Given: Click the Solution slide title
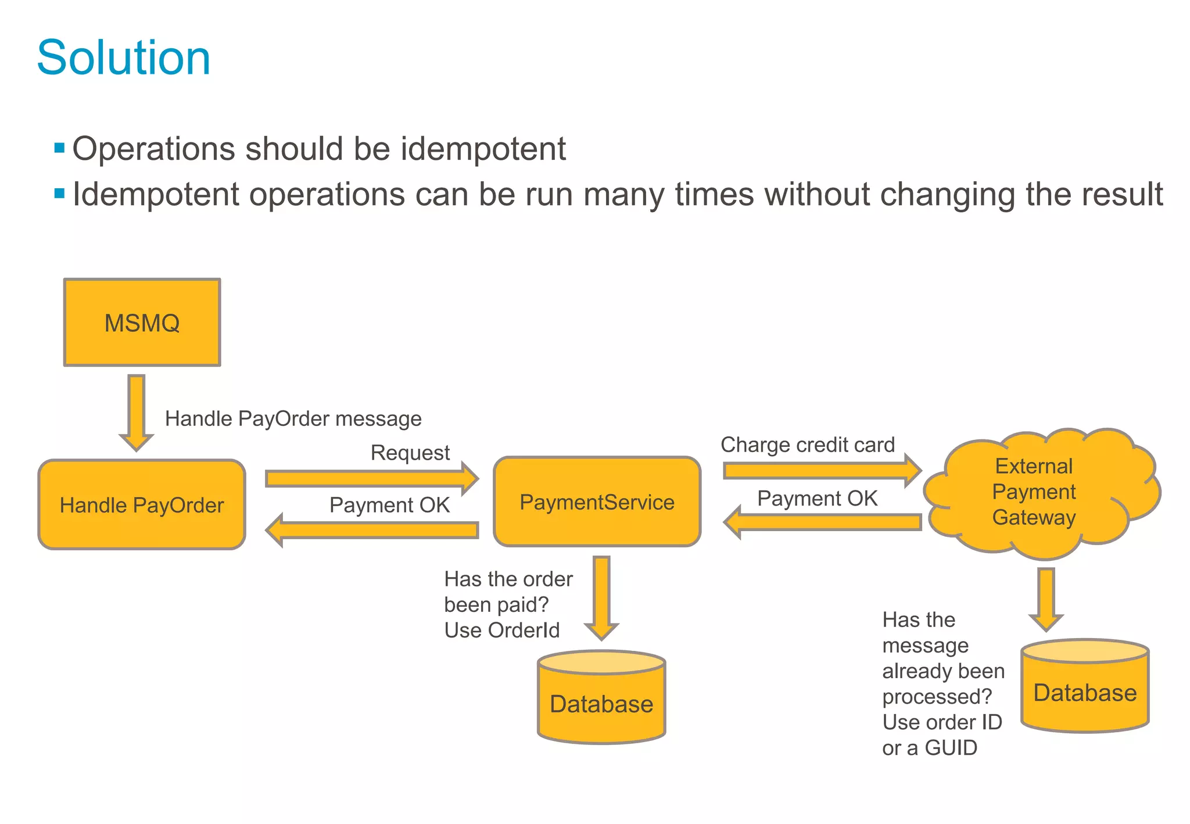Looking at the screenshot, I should click(123, 58).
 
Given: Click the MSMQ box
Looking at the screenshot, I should click(142, 323).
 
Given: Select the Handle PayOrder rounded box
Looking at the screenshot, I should click(142, 504).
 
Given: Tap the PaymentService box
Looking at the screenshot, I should click(597, 501).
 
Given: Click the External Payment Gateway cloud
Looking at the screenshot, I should click(1034, 492).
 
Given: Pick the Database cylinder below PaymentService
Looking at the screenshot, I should click(601, 703).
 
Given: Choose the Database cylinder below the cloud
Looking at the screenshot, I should click(1085, 692).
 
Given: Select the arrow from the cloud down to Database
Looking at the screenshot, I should click(1046, 599).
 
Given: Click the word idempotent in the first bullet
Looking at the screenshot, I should click(483, 149).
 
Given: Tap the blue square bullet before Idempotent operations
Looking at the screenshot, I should click(59, 194).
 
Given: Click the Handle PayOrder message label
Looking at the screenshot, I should click(293, 418).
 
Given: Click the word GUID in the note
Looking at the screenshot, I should click(951, 747).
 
